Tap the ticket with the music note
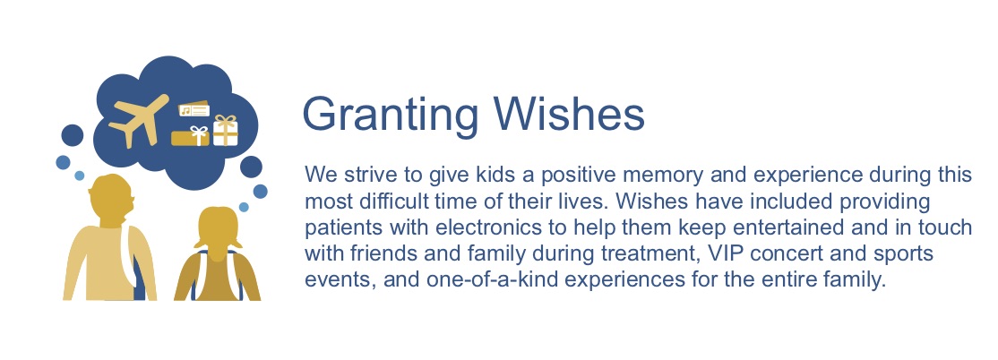(x=194, y=110)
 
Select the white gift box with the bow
(x=226, y=131)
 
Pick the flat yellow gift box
(x=190, y=136)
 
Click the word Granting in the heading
(x=390, y=114)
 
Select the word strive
(x=364, y=175)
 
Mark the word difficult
(x=389, y=201)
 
